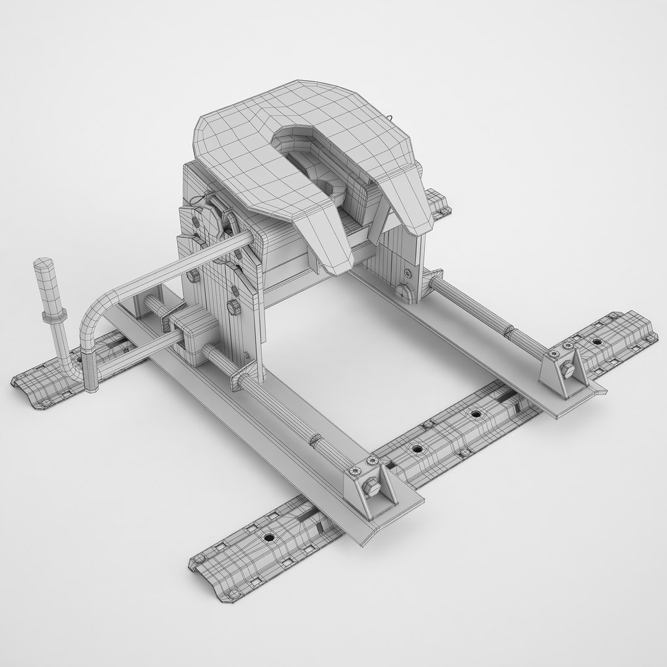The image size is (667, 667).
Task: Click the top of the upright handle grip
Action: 43,263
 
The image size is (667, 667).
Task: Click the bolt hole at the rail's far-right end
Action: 596,340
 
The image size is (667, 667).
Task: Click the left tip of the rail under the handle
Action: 15,382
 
